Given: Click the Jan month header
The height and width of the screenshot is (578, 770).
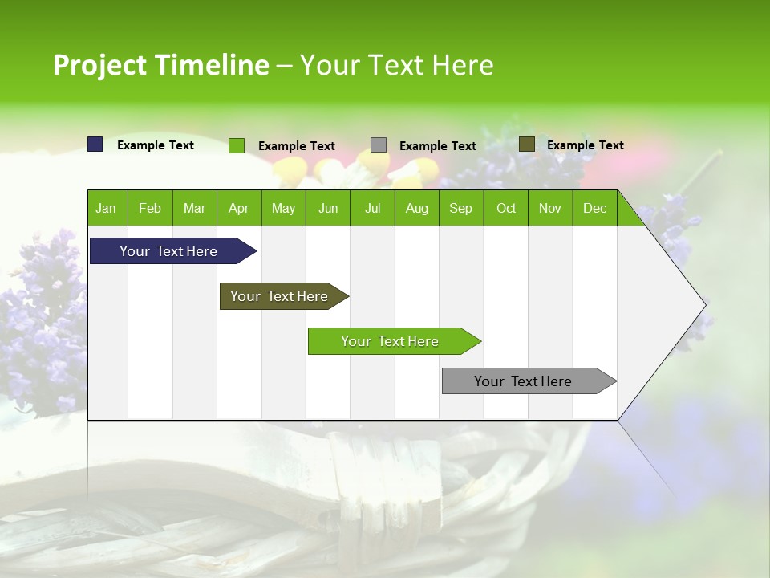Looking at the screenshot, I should pos(106,208).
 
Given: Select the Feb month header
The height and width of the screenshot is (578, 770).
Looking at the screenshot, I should pos(150,208).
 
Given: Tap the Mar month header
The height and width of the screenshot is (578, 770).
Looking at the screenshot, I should pos(194,208).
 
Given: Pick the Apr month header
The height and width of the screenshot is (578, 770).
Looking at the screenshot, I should pos(238,208).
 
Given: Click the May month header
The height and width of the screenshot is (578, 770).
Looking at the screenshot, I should pos(283,208).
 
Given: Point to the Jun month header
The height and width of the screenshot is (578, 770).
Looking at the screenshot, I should pos(328,208).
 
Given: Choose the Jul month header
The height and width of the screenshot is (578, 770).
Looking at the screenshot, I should pos(372,208).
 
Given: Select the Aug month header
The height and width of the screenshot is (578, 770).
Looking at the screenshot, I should pos(416,208).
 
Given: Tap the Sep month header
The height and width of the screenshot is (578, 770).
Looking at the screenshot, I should pos(460,208).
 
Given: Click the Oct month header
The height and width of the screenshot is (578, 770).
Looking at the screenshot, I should pos(506,208).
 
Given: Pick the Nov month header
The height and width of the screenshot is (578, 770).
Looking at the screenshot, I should pos(550,208).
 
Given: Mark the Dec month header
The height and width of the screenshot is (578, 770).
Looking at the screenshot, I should pos(594,208).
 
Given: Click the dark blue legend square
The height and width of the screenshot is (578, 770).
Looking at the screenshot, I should pos(95,144).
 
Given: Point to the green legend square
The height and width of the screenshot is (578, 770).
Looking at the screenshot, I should pos(237,145).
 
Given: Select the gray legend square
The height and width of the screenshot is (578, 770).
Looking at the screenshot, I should pos(379,144).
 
